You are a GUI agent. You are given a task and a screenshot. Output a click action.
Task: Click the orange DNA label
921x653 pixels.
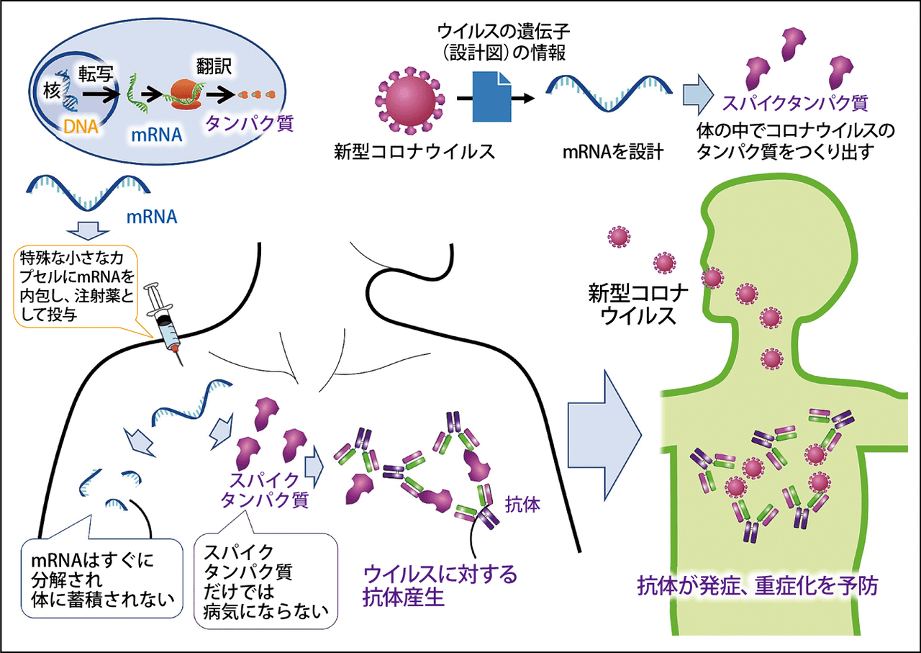coord(81,127)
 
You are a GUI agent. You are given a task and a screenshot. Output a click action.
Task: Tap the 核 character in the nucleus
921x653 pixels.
coord(53,91)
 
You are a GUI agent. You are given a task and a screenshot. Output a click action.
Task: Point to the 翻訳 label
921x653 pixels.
coord(214,66)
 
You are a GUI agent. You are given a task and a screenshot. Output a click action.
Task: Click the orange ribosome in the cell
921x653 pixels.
coord(185,94)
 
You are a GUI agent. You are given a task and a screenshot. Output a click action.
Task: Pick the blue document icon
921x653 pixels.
coord(491,96)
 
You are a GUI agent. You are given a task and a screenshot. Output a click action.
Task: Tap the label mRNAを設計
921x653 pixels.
coord(612,152)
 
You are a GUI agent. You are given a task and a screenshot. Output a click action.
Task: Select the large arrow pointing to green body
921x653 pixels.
coord(605,435)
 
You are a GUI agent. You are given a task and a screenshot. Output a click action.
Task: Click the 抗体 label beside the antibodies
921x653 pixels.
coord(522,505)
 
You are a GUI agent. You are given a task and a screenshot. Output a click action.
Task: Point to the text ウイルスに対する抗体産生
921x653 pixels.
coord(440,586)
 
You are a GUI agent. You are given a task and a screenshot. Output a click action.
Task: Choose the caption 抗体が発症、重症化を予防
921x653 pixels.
coord(758,585)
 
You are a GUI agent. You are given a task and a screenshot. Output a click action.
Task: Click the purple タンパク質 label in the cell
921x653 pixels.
coord(249,122)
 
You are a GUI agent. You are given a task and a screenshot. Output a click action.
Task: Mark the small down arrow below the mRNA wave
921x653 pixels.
coord(88,231)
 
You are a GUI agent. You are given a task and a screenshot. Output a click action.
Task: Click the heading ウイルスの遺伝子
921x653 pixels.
coord(504,30)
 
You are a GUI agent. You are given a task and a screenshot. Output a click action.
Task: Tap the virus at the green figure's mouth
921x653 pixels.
coord(712,278)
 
